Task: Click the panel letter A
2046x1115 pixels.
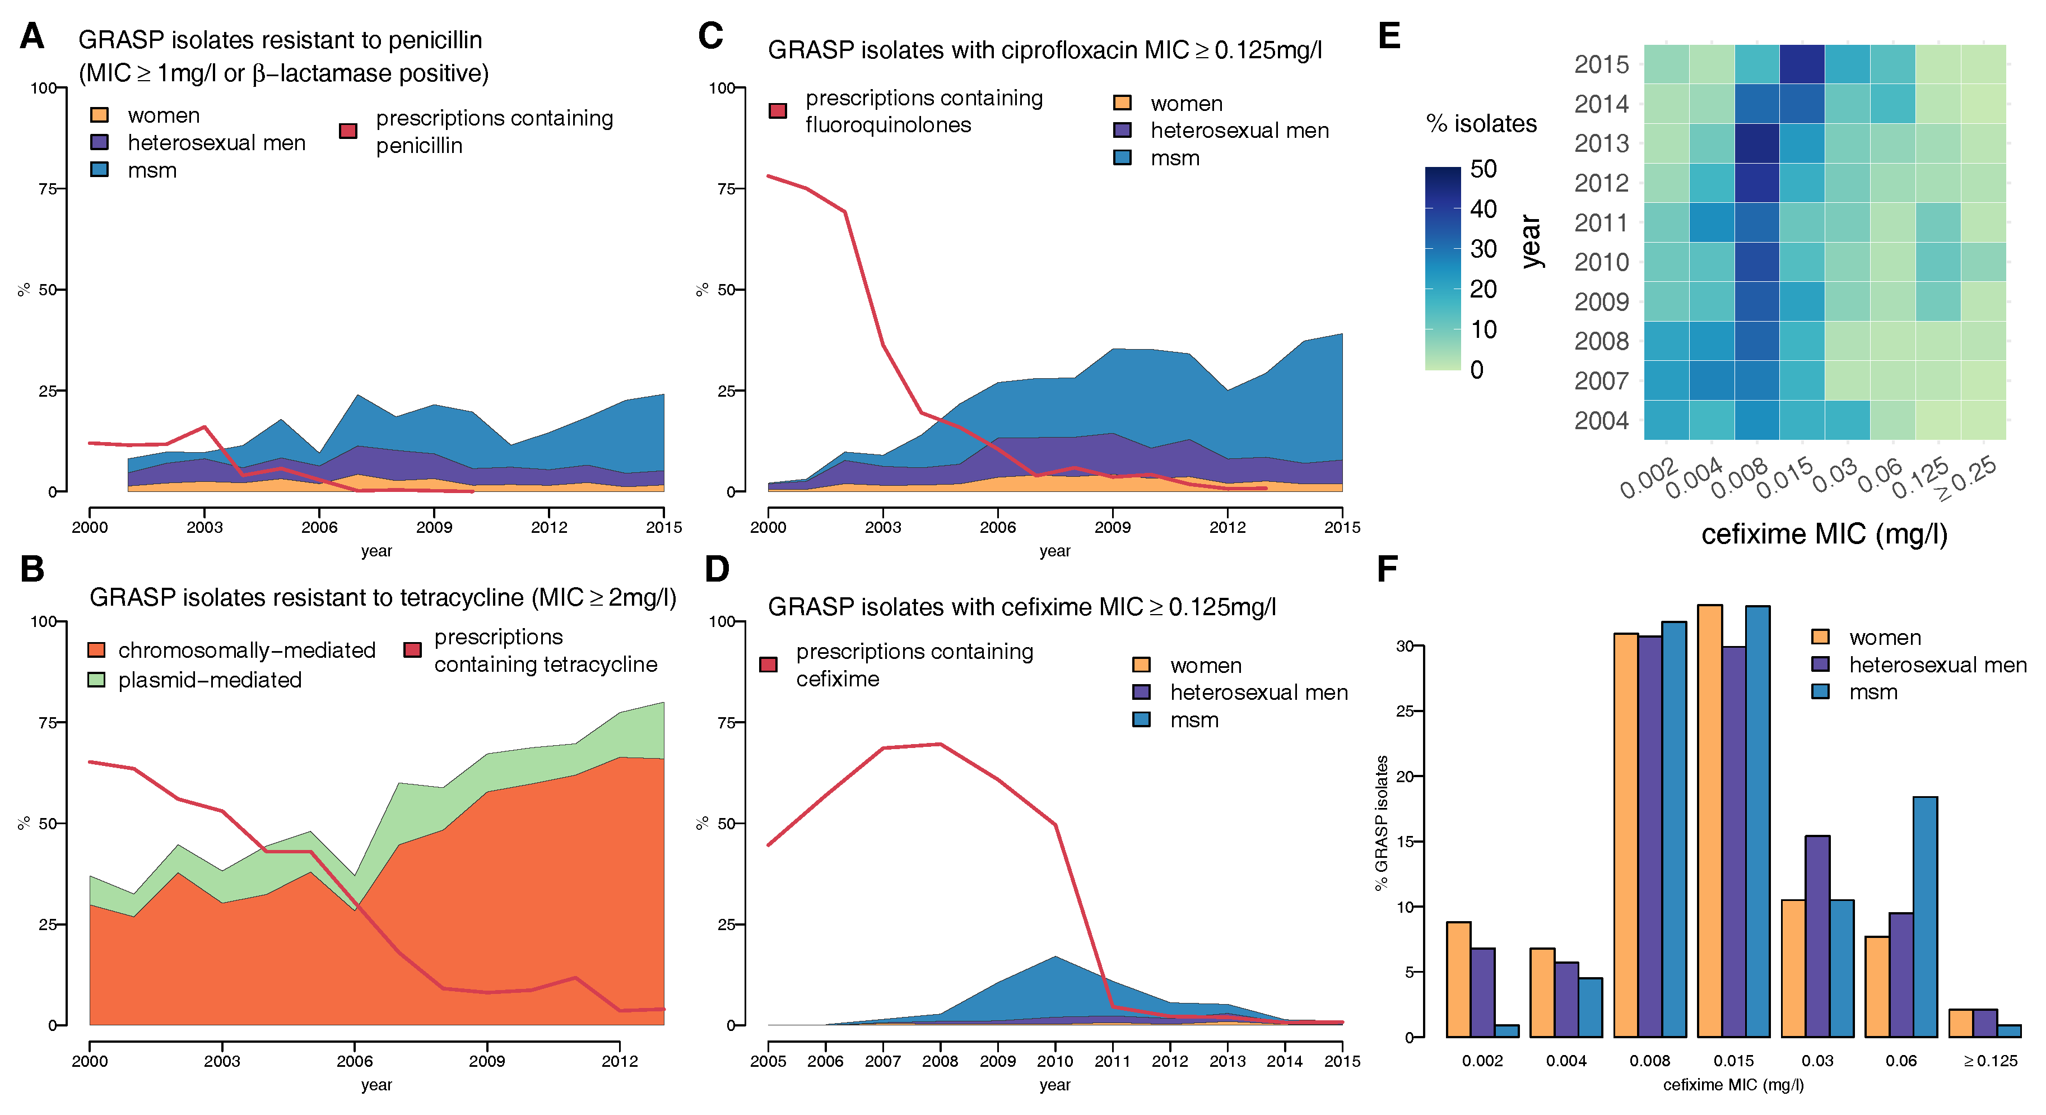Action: coord(32,36)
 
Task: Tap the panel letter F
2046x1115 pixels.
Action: coord(1387,569)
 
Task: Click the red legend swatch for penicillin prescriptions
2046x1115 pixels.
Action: coord(348,131)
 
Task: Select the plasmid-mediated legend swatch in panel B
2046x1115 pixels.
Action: coord(96,680)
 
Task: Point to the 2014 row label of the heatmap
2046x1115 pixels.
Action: coord(1601,104)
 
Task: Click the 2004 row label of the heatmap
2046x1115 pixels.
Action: coord(1601,420)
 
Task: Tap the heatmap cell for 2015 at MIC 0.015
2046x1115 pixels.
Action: coord(1801,64)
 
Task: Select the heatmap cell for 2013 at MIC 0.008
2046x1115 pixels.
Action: coord(1756,144)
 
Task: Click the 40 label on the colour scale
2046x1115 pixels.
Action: coord(1483,209)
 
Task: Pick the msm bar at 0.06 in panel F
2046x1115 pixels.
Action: coord(1924,917)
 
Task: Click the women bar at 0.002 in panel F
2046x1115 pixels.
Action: coord(1458,979)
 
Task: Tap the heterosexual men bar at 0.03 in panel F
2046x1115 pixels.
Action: coord(1817,936)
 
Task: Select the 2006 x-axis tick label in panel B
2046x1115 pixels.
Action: coord(354,1061)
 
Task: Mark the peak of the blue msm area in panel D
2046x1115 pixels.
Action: coord(1055,958)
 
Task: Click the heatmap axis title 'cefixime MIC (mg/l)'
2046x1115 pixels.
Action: coord(1824,533)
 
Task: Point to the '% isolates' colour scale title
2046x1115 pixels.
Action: coord(1481,124)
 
